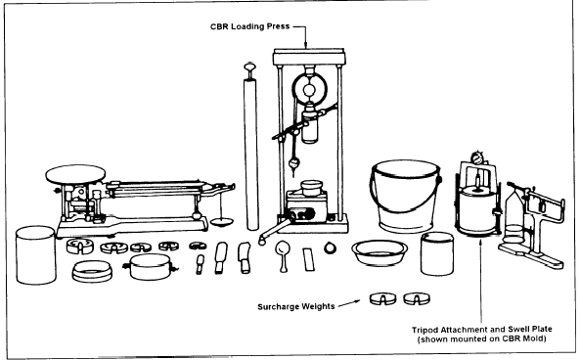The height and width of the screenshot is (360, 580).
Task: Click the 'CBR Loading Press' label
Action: click(249, 26)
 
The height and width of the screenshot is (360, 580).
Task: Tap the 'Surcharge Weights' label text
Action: click(296, 307)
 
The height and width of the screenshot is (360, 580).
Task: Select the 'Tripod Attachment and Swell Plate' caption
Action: click(482, 330)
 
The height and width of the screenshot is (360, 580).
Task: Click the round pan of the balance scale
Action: click(75, 174)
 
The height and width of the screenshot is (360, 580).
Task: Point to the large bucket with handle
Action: click(405, 196)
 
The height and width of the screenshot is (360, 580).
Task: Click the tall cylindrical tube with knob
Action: click(250, 147)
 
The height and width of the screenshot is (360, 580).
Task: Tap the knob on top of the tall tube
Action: click(249, 67)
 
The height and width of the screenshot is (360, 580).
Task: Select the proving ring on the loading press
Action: click(310, 89)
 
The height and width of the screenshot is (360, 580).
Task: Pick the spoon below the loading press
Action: click(283, 255)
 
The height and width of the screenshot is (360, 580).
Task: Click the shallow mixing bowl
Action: click(379, 252)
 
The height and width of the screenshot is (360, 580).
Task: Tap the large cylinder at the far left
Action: click(36, 255)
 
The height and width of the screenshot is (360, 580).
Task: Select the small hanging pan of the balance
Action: click(222, 222)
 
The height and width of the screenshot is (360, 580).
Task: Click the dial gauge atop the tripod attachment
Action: click(476, 158)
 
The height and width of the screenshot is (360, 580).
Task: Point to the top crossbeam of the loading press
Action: click(309, 57)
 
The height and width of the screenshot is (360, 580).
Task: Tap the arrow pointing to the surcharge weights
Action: click(349, 303)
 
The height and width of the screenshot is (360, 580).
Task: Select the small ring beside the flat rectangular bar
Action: click(330, 247)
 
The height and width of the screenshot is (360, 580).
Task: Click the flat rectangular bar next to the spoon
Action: click(308, 259)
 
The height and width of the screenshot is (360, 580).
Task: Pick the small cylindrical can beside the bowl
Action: click(437, 253)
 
